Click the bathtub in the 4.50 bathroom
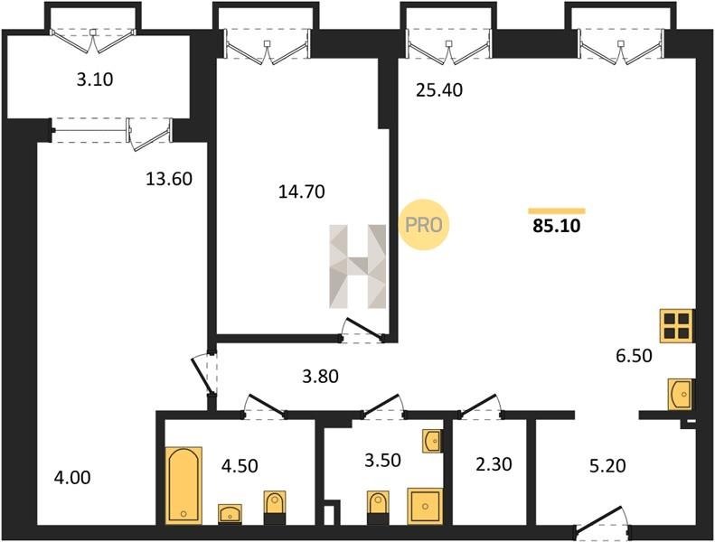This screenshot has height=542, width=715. [x=183, y=485]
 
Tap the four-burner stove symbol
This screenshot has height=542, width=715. [x=676, y=326]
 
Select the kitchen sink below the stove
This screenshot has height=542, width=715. [x=681, y=394]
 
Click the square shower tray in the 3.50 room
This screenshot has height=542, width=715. [x=425, y=506]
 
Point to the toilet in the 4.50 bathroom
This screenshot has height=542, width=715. [x=275, y=508]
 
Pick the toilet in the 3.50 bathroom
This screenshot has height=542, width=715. [x=378, y=508]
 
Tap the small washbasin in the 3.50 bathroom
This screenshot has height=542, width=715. [x=432, y=441]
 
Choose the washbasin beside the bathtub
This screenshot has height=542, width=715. [x=230, y=514]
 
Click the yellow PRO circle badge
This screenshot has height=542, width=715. [x=424, y=225]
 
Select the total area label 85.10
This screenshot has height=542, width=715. [x=556, y=226]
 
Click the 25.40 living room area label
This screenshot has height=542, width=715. [x=439, y=89]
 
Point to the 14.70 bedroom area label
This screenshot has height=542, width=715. [x=301, y=192]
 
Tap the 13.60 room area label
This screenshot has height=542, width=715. [x=169, y=179]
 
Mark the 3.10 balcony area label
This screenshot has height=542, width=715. [x=94, y=79]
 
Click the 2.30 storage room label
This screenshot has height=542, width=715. [x=494, y=464]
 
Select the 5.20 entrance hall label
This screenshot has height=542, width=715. [x=607, y=465]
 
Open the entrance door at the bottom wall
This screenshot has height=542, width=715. [x=603, y=520]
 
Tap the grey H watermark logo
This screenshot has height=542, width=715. [x=358, y=266]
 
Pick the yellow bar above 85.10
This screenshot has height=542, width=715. [x=557, y=210]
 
